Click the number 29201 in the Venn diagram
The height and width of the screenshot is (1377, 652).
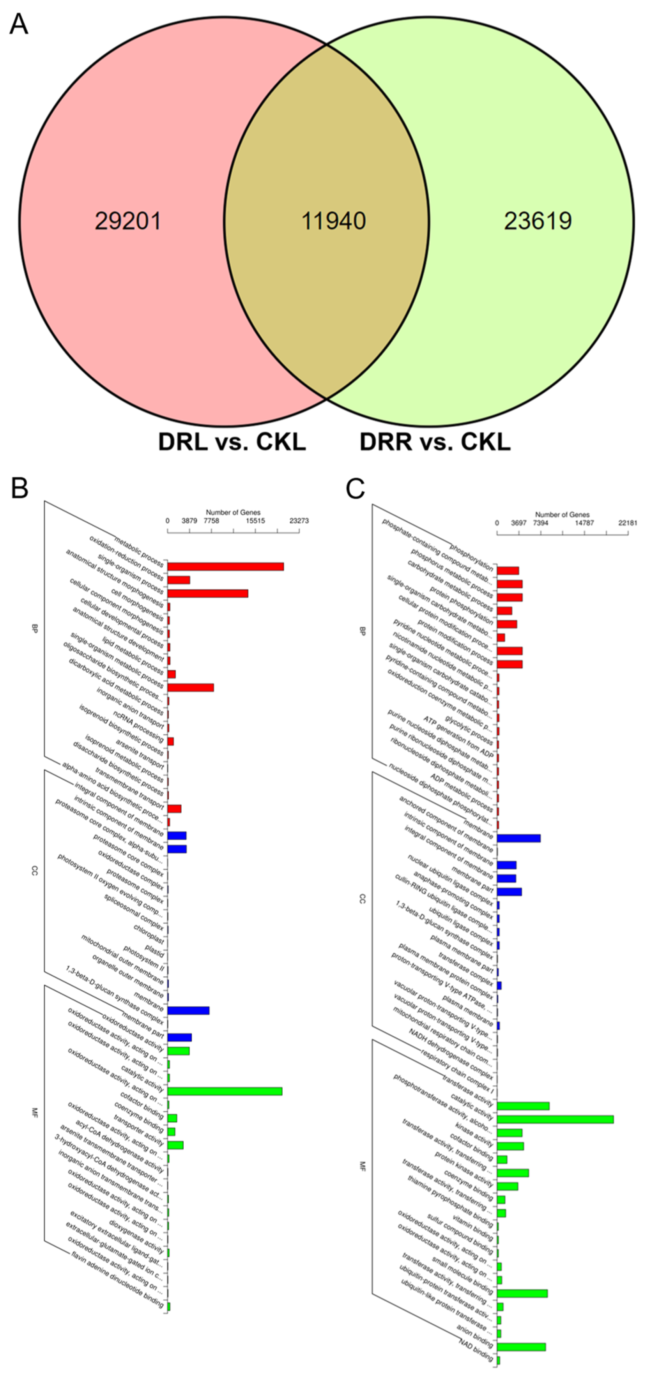pyautogui.click(x=128, y=221)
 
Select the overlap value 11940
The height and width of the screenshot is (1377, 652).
pyautogui.click(x=333, y=221)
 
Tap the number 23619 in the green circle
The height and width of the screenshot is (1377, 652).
pyautogui.click(x=538, y=221)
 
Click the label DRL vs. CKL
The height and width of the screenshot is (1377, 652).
pyautogui.click(x=232, y=442)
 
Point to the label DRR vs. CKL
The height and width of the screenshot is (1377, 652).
pyautogui.click(x=435, y=442)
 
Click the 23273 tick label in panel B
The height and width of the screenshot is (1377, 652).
pyautogui.click(x=299, y=521)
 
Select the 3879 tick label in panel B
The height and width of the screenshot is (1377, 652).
pyautogui.click(x=189, y=521)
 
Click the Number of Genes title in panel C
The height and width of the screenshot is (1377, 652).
pyautogui.click(x=562, y=514)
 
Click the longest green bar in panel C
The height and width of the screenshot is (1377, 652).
pyautogui.click(x=555, y=1119)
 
